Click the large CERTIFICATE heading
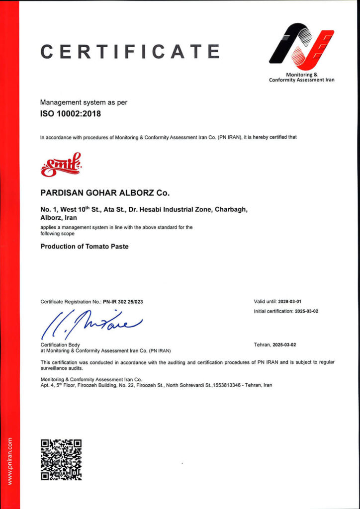[130, 51]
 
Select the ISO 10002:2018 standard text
[70, 114]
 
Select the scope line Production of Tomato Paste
[84, 247]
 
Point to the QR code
[61, 459]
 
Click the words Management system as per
[84, 102]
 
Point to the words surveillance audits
[62, 368]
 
